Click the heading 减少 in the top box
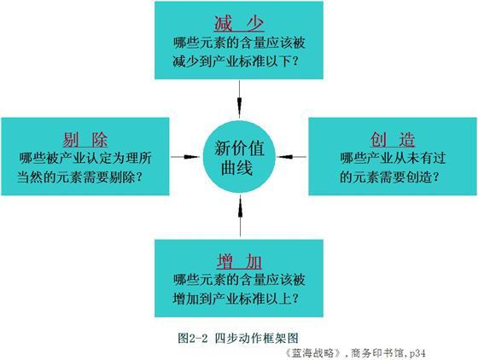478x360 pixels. (239, 23)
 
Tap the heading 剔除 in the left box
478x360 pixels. (85, 140)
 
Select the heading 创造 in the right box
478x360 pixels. (393, 140)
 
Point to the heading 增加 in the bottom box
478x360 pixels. (239, 261)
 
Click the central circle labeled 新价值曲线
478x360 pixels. (239, 157)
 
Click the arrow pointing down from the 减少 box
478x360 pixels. (239, 99)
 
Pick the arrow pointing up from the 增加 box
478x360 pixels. (240, 216)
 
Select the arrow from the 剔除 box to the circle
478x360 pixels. (186, 157)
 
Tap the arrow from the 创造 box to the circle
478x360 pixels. (291, 157)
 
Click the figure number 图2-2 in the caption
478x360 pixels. (193, 338)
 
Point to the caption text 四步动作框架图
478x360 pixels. (256, 338)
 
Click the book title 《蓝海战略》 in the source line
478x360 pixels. (312, 352)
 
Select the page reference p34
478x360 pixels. (417, 353)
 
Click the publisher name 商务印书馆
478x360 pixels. (377, 352)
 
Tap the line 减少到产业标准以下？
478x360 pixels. (236, 61)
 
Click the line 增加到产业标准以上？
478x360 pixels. (236, 299)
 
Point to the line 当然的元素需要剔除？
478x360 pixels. (79, 177)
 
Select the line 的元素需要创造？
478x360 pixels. (389, 177)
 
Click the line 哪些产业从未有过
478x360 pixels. (393, 158)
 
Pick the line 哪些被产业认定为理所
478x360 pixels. (85, 158)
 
